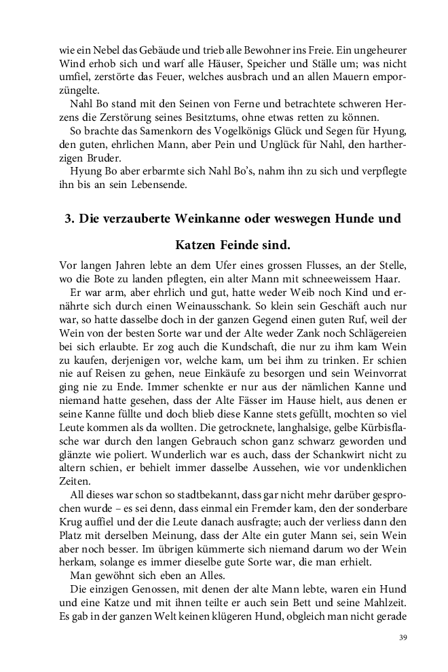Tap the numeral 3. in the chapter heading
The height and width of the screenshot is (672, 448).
[69, 219]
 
